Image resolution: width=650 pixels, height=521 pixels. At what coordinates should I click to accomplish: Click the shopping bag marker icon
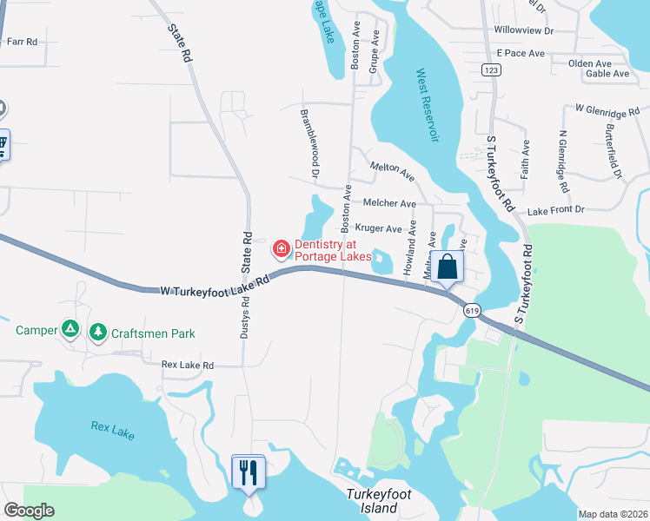point(448,267)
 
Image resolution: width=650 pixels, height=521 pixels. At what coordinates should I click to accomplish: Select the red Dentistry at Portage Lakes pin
point(282,250)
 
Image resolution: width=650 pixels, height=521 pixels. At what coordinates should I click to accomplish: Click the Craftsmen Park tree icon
point(98,332)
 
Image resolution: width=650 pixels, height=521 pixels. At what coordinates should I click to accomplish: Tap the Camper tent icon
point(70,330)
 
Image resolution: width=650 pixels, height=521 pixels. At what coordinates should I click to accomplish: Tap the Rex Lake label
point(113,429)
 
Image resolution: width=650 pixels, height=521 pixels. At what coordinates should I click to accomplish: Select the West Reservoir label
point(427,105)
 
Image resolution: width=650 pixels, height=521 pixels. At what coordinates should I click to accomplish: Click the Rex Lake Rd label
point(188,366)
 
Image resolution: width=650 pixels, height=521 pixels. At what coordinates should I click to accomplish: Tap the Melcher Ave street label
point(389,203)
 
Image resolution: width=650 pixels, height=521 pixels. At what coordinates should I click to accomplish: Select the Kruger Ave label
point(378,229)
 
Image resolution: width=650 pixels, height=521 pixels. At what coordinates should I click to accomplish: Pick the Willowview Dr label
point(523,30)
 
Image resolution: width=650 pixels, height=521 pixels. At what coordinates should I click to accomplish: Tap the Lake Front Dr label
point(556,210)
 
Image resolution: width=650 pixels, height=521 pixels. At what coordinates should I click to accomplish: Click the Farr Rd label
point(22,42)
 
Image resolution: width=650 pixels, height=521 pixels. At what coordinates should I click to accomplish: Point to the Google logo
point(29,511)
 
